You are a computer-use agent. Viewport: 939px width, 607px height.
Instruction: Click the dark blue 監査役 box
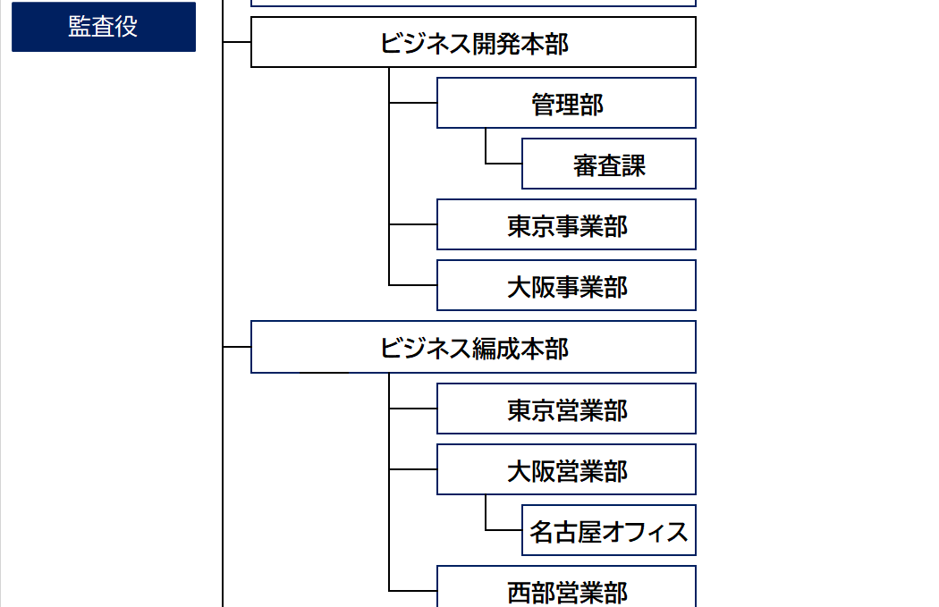point(104,27)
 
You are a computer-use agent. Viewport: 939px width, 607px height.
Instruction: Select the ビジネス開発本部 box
point(473,42)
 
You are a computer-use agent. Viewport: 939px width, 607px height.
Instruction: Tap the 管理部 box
point(566,103)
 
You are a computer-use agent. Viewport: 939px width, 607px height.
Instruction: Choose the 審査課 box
point(609,164)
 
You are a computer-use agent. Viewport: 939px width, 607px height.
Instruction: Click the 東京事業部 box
point(566,224)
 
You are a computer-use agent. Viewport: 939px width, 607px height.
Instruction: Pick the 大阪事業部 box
point(566,285)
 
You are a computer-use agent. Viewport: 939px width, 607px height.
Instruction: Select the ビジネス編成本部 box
point(473,347)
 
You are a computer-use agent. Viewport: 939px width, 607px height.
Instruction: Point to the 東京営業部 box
point(566,409)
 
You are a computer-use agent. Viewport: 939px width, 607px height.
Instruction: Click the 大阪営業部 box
point(566,469)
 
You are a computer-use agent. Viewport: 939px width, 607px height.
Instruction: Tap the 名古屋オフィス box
point(609,530)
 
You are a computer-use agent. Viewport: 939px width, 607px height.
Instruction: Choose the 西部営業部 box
point(566,586)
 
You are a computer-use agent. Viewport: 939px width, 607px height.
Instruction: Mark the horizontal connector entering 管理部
point(413,103)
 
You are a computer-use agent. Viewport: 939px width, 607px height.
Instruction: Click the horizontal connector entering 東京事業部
point(413,224)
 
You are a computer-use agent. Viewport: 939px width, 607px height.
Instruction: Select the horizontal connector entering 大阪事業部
point(413,285)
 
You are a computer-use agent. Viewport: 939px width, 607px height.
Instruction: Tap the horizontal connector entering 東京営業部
point(413,409)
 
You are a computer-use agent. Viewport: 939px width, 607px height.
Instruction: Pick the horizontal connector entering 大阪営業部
point(413,469)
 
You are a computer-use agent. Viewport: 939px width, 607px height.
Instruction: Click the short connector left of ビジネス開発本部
point(237,42)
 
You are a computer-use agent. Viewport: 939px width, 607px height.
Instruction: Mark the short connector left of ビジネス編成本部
point(237,347)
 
